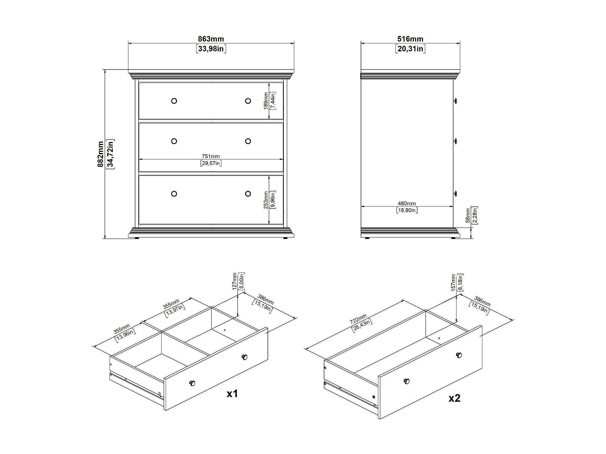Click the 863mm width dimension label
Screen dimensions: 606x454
pos(211,39)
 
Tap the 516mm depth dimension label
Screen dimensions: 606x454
pos(410,39)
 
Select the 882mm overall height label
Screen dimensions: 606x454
pos(101,154)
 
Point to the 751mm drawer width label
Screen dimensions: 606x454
pos(211,156)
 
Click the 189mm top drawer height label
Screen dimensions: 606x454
pos(266,101)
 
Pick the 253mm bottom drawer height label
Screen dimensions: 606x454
pos(266,200)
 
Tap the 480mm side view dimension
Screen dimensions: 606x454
pos(407,203)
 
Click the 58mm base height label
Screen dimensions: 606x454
pos(468,215)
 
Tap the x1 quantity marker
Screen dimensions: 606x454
pos(232,393)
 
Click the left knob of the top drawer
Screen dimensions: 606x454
pos(174,101)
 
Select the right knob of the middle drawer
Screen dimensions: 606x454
pos(248,141)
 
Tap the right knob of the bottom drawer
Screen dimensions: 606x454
pos(248,194)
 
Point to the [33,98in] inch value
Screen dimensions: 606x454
pos(211,49)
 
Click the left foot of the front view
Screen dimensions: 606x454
pos(137,238)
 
